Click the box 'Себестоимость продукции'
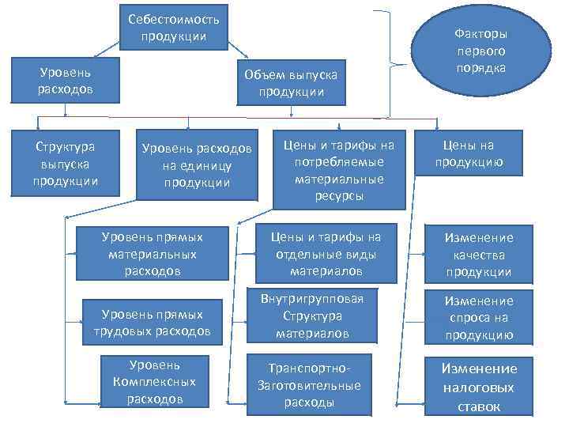click(x=174, y=28)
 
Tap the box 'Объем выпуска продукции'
click(x=291, y=83)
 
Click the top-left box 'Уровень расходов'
click(x=65, y=79)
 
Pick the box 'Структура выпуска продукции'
click(x=66, y=164)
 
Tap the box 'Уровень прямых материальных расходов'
click(x=152, y=253)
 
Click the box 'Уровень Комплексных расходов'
click(x=154, y=382)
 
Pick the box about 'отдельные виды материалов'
click(x=326, y=253)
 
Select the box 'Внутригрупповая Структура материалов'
click(x=312, y=316)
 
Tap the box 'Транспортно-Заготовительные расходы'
click(x=309, y=385)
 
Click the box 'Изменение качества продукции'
click(x=478, y=255)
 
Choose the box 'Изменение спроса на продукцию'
click(x=478, y=318)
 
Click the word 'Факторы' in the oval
click(x=480, y=34)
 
